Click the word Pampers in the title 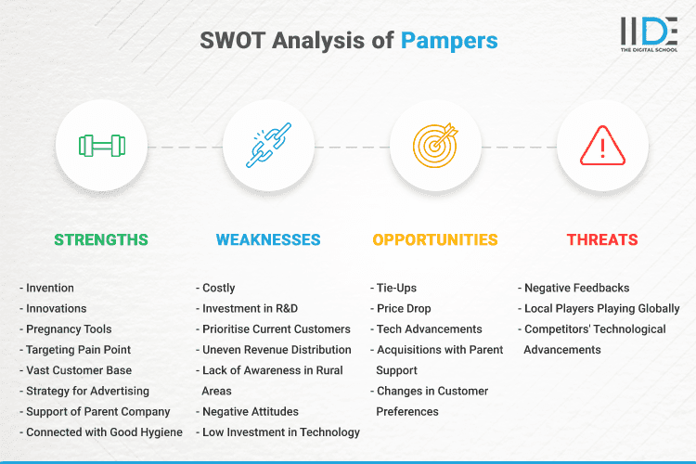pyautogui.click(x=449, y=41)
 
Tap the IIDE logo pyautogui.click(x=649, y=33)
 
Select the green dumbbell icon pyautogui.click(x=101, y=146)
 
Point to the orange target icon pyautogui.click(x=435, y=146)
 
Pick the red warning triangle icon pyautogui.click(x=602, y=146)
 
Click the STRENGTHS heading pyautogui.click(x=101, y=239)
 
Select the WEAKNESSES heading pyautogui.click(x=268, y=239)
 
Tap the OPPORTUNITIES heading pyautogui.click(x=435, y=239)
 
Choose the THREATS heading pyautogui.click(x=602, y=239)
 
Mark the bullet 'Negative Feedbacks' pyautogui.click(x=575, y=289)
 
